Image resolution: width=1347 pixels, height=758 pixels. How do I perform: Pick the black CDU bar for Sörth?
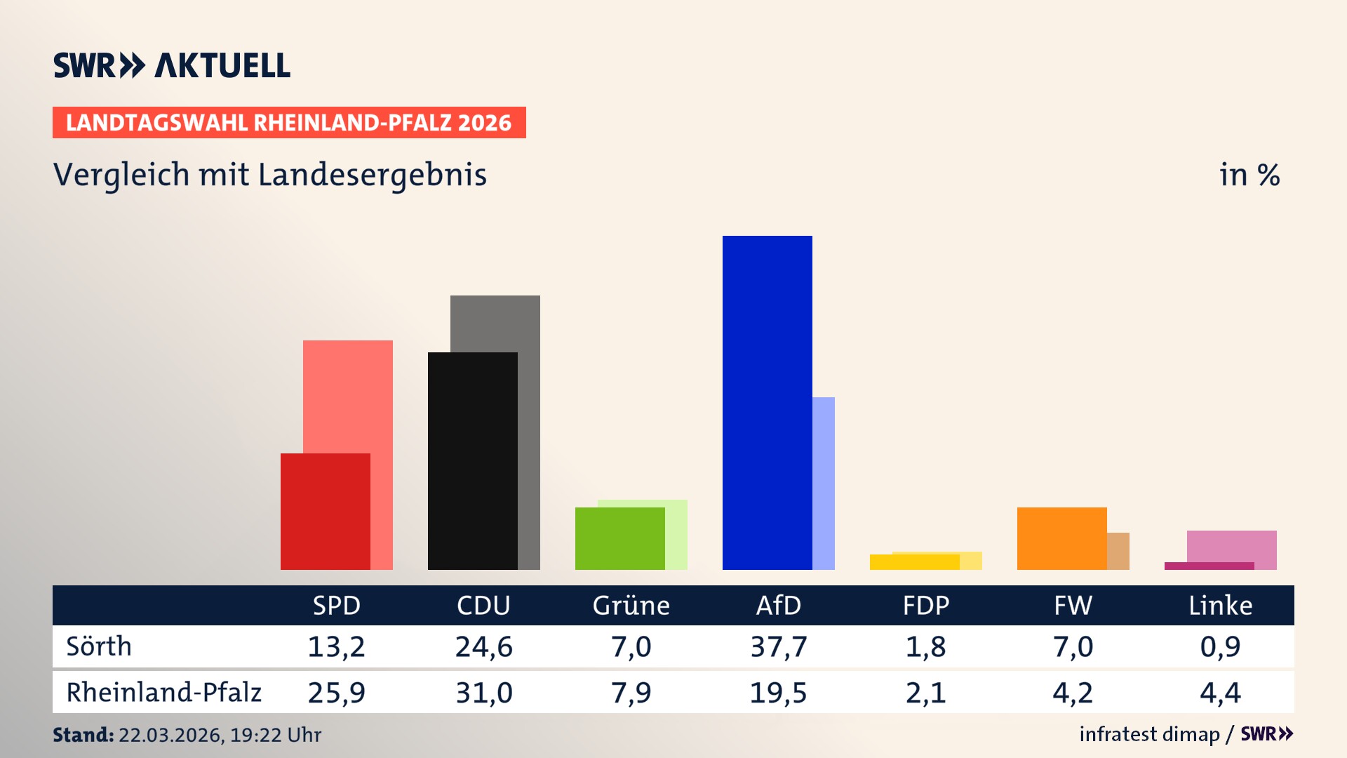coord(472,460)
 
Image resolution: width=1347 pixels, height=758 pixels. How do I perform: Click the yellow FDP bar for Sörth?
coord(914,561)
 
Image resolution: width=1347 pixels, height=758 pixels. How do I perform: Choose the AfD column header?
coord(778,605)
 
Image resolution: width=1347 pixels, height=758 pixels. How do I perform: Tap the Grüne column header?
coord(631,605)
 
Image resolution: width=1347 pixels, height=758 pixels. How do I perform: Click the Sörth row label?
coord(99,646)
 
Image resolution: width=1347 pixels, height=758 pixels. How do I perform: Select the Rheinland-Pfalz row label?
coord(163,693)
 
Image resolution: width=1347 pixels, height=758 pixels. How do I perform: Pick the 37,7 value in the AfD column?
coord(778,646)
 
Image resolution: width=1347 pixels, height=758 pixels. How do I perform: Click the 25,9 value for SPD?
coord(336,693)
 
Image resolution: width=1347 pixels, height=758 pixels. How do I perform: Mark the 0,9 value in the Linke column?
coord(1220,646)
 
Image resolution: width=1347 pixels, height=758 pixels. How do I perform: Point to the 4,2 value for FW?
coord(1073,693)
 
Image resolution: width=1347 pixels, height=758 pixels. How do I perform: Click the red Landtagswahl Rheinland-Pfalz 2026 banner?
coord(289,123)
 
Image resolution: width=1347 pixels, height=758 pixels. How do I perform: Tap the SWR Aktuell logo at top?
coord(172,65)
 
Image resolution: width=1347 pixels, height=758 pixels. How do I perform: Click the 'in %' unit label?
coord(1249,175)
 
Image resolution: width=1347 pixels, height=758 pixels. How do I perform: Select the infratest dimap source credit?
coord(1149,734)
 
